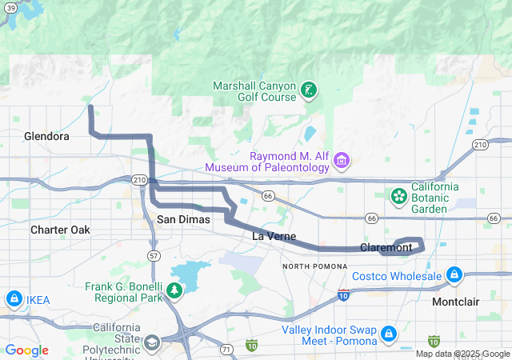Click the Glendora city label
(x=46, y=136)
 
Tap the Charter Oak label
(x=60, y=230)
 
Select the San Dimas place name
(x=183, y=218)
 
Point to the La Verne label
(x=274, y=236)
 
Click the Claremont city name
(x=386, y=247)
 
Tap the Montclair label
(x=455, y=302)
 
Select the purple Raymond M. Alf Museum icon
(x=342, y=160)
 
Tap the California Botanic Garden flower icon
(x=398, y=195)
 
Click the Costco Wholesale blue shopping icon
(x=454, y=276)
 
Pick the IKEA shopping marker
(x=14, y=299)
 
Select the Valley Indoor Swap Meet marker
(x=388, y=332)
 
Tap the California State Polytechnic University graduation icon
(x=151, y=343)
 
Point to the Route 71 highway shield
(x=226, y=349)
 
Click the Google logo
(x=26, y=350)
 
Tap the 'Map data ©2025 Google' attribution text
(x=462, y=354)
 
